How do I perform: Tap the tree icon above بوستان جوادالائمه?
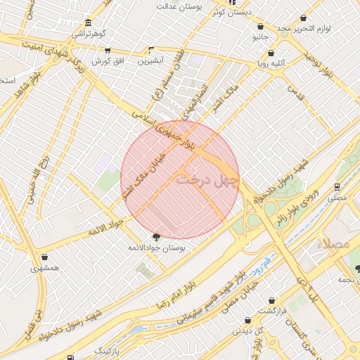pos(155,238)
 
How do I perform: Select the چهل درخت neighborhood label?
pos(207,179)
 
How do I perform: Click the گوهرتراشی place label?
pos(87,33)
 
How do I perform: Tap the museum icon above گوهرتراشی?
pos(87,22)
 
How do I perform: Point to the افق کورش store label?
pos(109,61)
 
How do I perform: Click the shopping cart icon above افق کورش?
pos(107,51)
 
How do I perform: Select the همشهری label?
pos(45,268)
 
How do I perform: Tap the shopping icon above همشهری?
pos(45,257)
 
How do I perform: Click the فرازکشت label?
pos(276,310)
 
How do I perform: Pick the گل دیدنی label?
pos(248,330)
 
